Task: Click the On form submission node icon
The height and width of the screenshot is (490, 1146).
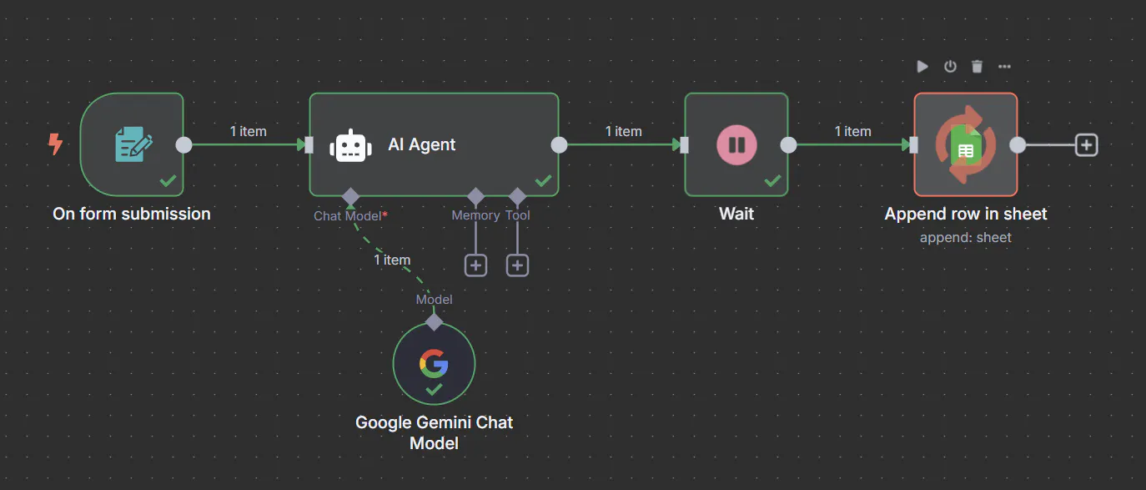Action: tap(133, 144)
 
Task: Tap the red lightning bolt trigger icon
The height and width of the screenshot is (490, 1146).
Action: tap(55, 144)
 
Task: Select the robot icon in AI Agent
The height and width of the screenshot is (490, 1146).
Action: tap(350, 145)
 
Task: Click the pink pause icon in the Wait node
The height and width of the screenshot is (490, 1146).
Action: tap(736, 144)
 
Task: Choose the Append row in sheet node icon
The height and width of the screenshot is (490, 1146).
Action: tap(966, 144)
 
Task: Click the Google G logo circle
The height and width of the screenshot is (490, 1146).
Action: tap(434, 363)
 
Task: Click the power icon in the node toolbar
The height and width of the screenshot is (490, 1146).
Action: tap(950, 67)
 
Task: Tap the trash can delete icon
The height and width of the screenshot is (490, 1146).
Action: tap(978, 67)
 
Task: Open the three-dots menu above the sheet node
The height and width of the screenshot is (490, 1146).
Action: tap(1004, 67)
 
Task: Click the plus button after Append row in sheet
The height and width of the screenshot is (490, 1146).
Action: tap(1086, 145)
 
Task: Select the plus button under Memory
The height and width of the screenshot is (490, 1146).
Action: tap(475, 265)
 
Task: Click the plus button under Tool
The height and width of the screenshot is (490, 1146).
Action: tap(518, 265)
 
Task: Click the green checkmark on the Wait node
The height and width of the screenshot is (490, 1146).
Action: tap(772, 180)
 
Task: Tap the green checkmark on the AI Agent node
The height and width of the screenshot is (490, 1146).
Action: tap(543, 180)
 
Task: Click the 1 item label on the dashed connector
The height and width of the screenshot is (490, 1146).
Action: tap(392, 260)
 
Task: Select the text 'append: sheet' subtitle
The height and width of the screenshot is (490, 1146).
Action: tap(965, 238)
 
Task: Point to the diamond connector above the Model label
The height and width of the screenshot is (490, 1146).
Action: tap(434, 321)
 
